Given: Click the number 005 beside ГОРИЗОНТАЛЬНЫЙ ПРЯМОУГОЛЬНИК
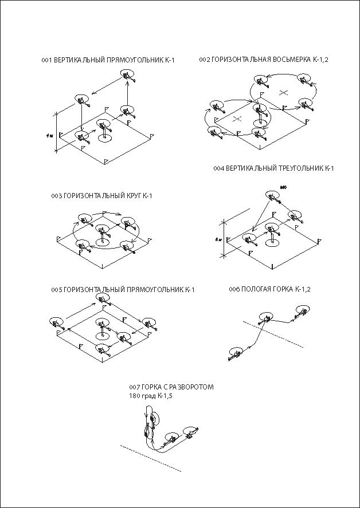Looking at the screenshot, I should pyautogui.click(x=56, y=290).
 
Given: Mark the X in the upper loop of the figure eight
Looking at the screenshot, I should pyautogui.click(x=283, y=92).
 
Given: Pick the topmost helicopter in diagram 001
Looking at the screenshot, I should pyautogui.click(x=128, y=76).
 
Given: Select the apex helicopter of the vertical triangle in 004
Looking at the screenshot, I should pyautogui.click(x=272, y=196).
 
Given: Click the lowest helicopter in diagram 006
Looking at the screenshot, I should pyautogui.click(x=234, y=353).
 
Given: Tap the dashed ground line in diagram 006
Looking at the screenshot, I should pyautogui.click(x=275, y=335).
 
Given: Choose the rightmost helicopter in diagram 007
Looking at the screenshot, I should pyautogui.click(x=190, y=432).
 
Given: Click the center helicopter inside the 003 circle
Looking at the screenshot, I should pyautogui.click(x=104, y=231).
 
